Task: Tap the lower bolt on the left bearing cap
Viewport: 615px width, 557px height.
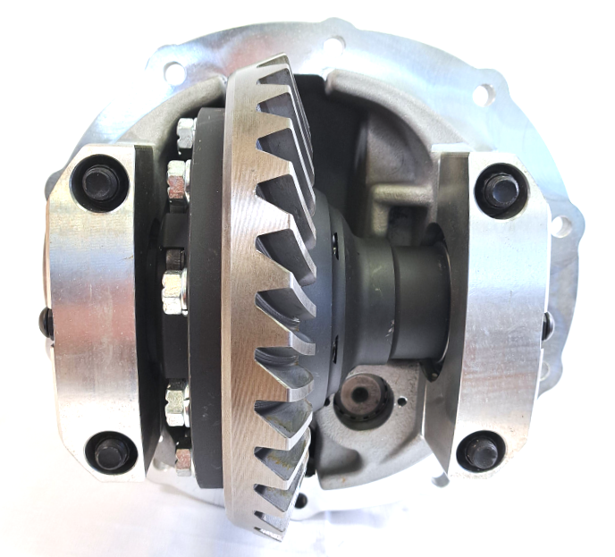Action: click(111, 452)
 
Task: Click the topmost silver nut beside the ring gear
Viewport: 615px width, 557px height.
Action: click(186, 133)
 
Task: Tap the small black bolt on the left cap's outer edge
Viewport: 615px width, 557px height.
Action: click(45, 321)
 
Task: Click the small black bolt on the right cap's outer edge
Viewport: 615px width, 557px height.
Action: click(547, 326)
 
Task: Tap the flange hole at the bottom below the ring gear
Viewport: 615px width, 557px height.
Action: click(299, 501)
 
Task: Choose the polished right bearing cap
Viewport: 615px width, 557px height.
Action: click(496, 317)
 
